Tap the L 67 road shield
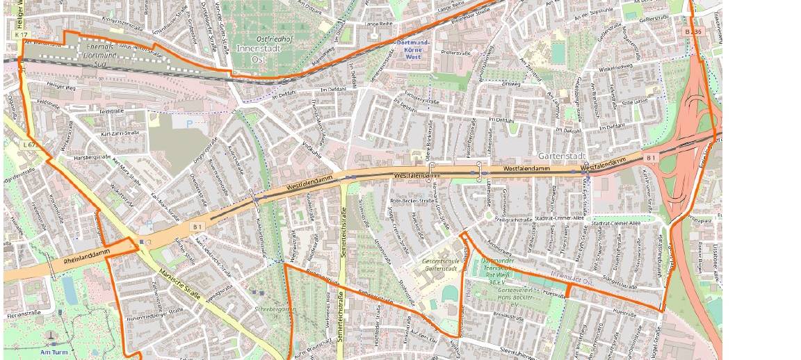29,145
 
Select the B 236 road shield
693,32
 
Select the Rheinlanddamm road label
87,254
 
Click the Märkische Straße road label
180,286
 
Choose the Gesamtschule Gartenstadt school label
440,265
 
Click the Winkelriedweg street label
617,67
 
